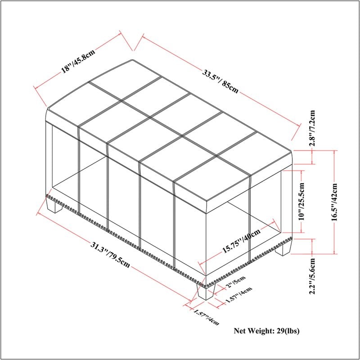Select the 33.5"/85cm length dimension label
coord(220,81)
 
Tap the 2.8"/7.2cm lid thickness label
coord(312,128)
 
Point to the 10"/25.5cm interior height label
coord(301,201)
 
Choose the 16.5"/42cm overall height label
coord(334,202)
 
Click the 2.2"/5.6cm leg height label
coord(312,276)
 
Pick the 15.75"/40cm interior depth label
coord(241,240)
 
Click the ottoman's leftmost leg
coord(54,205)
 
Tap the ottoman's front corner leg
coord(206,292)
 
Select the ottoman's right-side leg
coord(284,248)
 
